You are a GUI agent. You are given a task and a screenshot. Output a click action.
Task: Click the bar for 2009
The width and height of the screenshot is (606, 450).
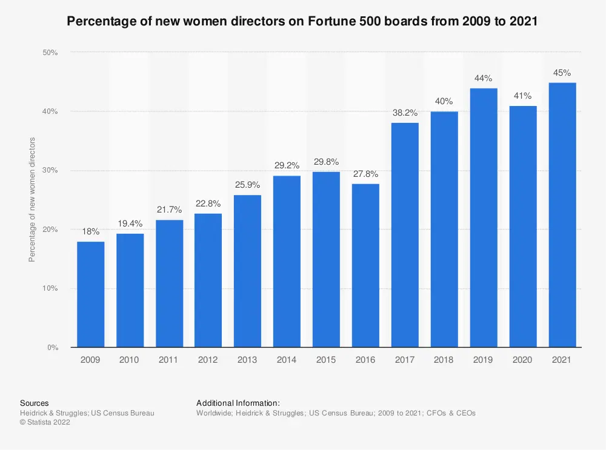90,294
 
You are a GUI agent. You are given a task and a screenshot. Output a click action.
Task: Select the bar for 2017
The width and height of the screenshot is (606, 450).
405,235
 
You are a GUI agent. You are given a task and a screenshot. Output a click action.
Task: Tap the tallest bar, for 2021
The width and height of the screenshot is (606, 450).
562,215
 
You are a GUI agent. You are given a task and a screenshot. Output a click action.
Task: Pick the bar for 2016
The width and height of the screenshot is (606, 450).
365,265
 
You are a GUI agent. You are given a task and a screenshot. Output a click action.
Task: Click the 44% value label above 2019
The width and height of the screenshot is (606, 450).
484,78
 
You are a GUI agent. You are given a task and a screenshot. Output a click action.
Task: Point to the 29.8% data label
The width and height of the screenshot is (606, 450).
326,162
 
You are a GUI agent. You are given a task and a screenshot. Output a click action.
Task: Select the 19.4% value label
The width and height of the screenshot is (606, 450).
130,223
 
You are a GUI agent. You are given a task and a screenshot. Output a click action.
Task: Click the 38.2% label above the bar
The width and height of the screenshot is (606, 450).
405,113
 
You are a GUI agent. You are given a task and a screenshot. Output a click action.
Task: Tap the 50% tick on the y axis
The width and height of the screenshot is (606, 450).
50,53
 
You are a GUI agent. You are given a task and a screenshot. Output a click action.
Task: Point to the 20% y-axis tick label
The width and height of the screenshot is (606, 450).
50,230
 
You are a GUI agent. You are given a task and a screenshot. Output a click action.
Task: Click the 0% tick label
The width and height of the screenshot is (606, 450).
52,348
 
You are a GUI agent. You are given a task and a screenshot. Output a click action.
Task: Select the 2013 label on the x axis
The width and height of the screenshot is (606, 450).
247,360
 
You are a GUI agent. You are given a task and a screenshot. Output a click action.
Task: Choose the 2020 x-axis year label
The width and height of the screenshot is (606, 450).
522,360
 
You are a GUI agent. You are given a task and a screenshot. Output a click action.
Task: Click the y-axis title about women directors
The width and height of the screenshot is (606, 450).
33,199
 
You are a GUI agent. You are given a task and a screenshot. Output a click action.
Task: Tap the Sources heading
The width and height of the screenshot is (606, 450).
35,403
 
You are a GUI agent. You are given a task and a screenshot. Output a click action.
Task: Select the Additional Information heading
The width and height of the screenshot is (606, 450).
238,403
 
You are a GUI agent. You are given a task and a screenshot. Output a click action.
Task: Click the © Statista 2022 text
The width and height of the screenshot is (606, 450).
45,423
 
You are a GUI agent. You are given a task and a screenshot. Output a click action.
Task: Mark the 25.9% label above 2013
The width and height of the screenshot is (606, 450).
247,185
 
